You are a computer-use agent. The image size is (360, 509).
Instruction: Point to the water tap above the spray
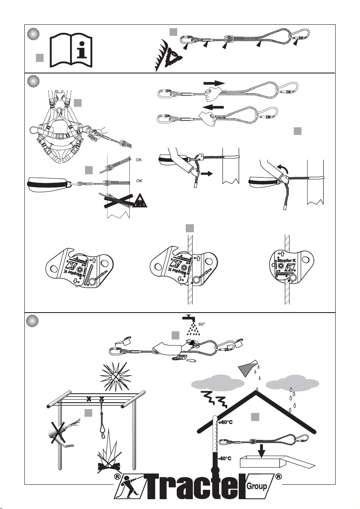coord(188,319)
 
